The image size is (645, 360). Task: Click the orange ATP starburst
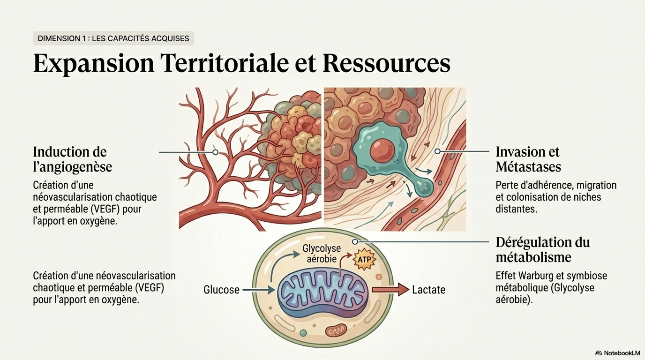tap(364, 259)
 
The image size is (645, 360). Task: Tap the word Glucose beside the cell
tap(221, 290)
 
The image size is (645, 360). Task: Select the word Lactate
tap(428, 290)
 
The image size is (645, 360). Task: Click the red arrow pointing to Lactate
tap(390, 290)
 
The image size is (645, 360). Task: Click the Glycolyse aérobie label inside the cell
tap(322, 253)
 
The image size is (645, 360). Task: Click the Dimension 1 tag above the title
tap(113, 38)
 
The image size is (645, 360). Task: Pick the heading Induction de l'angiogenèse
tap(72, 159)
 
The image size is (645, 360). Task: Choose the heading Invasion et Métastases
tap(528, 159)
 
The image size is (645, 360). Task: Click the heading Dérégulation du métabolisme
tap(542, 250)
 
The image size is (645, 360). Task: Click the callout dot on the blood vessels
tap(215, 152)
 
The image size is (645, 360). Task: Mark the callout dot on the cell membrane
tap(355, 241)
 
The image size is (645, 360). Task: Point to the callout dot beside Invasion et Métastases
tap(437, 151)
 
